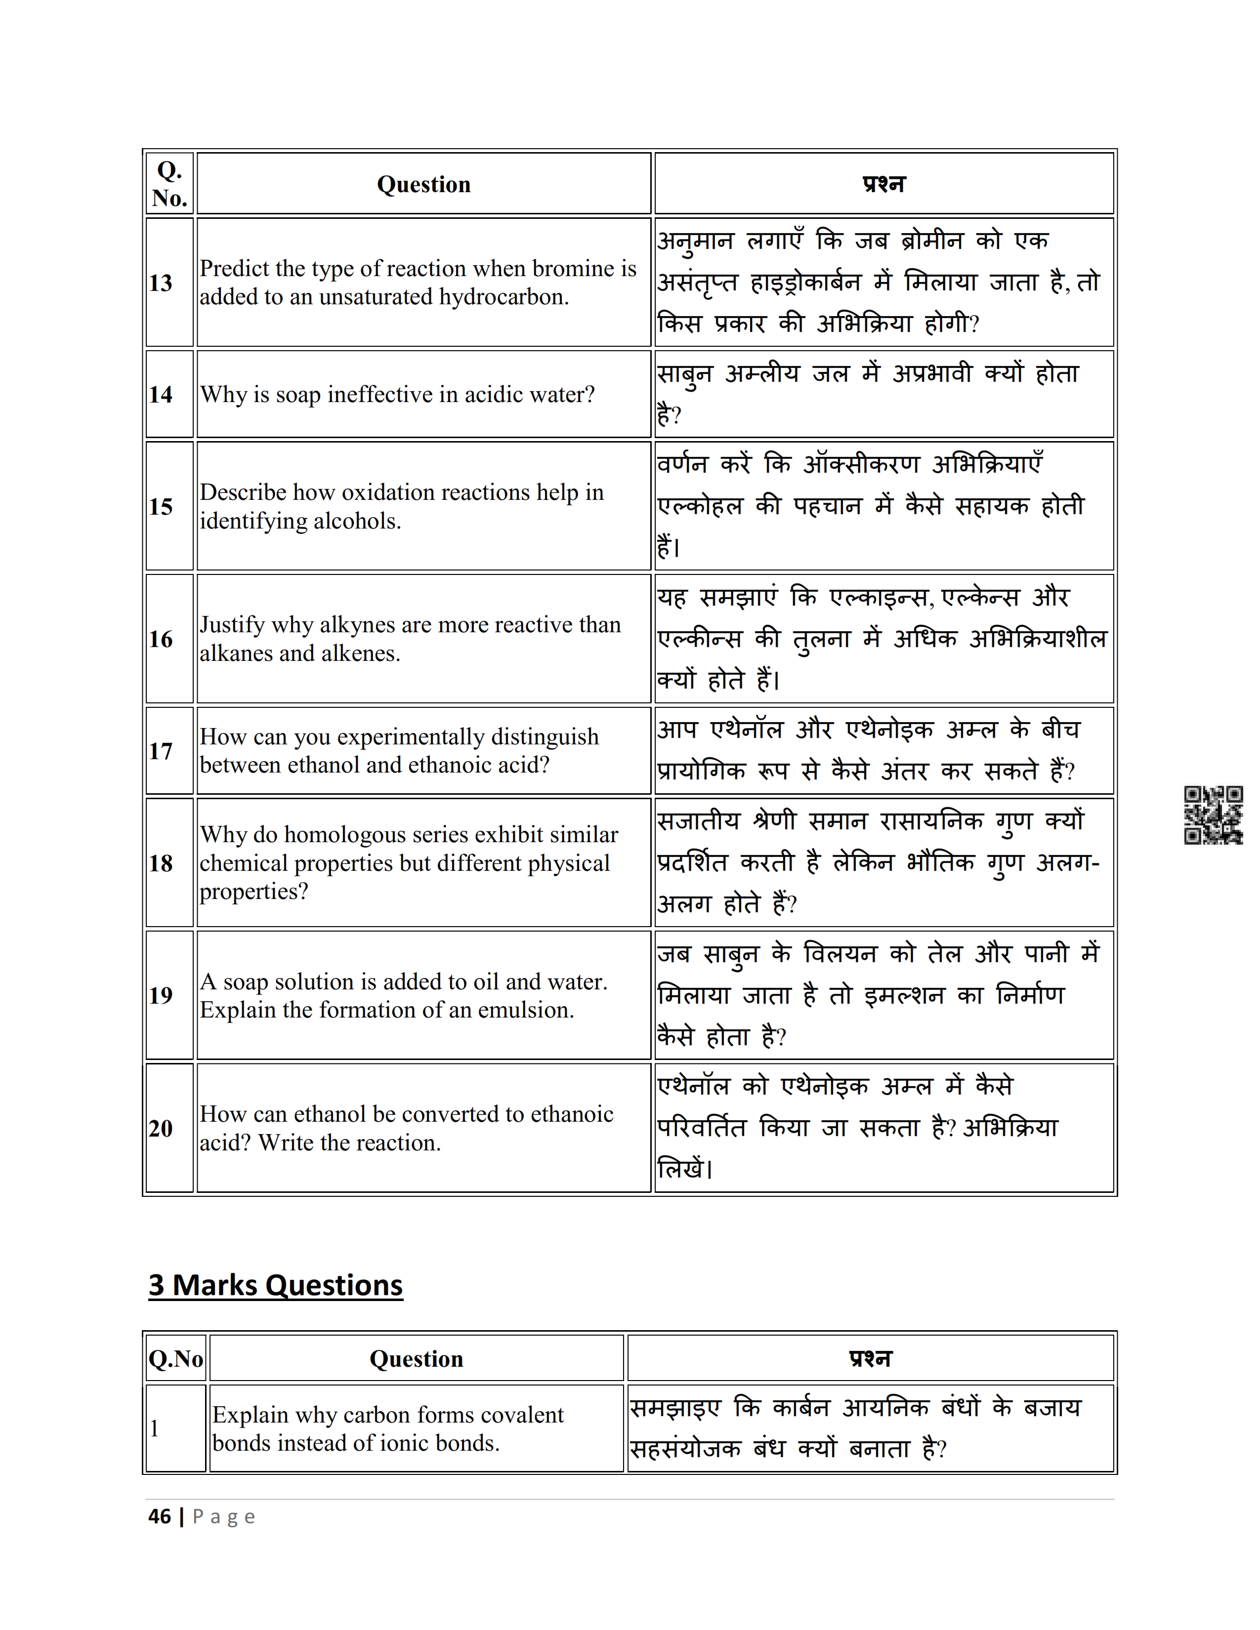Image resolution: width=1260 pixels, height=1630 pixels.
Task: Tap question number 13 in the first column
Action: (161, 283)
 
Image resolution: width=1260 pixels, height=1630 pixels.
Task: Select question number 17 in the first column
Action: (161, 751)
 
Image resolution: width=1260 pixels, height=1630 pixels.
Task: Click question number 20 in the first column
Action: (161, 1129)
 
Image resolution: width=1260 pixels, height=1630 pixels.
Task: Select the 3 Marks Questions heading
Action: (275, 1285)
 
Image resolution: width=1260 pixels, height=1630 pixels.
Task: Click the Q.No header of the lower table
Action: (175, 1359)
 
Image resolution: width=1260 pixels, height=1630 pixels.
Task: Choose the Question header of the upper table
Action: (423, 184)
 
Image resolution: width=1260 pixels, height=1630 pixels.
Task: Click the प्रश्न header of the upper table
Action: (884, 184)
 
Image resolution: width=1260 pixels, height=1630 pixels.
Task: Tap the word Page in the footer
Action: (224, 1517)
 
